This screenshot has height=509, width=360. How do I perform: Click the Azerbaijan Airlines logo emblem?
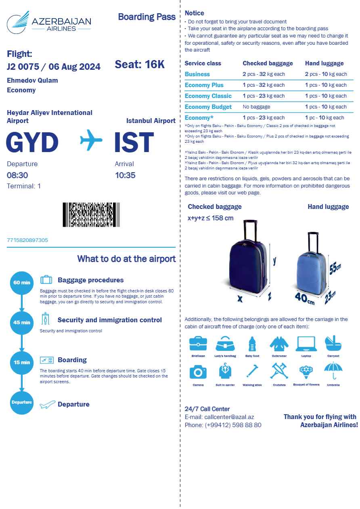coord(18,23)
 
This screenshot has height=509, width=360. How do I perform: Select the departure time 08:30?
coord(17,175)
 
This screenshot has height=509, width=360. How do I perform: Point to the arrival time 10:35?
coord(125,175)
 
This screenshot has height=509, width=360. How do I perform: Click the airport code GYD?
coord(32,143)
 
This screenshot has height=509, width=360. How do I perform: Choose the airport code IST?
coord(134,143)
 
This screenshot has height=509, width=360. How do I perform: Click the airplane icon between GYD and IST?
coord(91,141)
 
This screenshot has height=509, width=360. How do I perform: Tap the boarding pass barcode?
coord(91,215)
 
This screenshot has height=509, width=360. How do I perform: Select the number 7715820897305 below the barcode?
coord(27,240)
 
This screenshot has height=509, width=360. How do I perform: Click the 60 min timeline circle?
coord(22,282)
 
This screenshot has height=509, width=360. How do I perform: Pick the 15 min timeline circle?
coord(22,362)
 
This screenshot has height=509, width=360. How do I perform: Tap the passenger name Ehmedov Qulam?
coord(32,80)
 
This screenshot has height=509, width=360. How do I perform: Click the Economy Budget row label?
coord(208,107)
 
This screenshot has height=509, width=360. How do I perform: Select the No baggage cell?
coord(256,107)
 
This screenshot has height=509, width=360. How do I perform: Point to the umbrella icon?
coord(333,370)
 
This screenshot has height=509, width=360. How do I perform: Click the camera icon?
coord(198,371)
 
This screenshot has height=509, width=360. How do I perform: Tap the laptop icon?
coord(306,344)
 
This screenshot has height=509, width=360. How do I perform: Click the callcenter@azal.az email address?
coord(229,417)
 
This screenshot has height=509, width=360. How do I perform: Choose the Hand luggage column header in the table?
coord(324,63)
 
